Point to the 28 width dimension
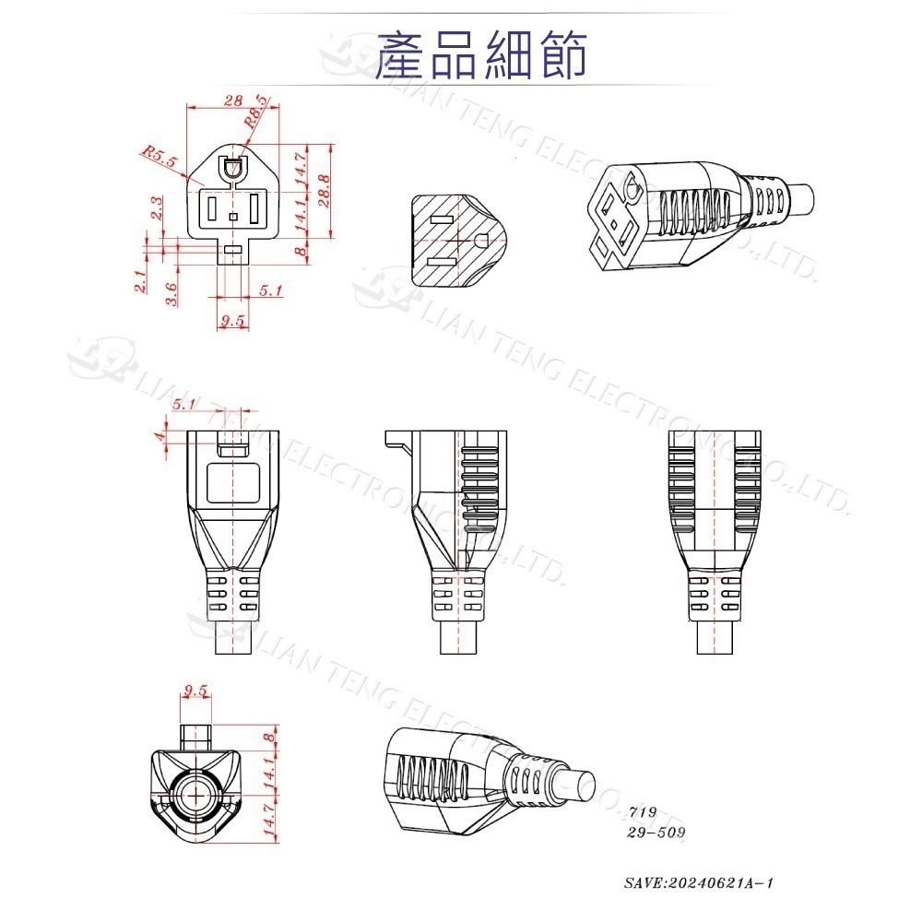[233, 100]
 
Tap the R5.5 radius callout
[160, 156]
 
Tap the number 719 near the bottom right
[642, 812]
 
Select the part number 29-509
[656, 832]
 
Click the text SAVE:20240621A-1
[699, 882]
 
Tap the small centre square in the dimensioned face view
[232, 218]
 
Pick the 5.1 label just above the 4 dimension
[184, 404]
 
